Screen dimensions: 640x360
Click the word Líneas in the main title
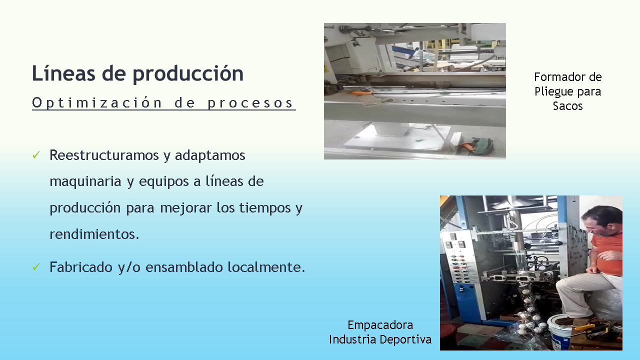click(63, 73)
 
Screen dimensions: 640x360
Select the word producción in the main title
click(188, 75)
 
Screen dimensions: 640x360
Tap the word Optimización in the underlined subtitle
click(97, 102)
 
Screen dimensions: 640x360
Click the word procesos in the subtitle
click(250, 103)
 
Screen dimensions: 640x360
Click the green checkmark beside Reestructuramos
click(36, 155)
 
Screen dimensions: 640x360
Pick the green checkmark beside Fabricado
click(36, 267)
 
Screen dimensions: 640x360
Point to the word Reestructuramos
click(104, 155)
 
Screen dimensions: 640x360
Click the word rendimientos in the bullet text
click(94, 234)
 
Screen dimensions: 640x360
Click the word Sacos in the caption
click(567, 106)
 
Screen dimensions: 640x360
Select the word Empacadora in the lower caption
click(380, 325)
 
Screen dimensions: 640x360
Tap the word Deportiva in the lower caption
click(405, 339)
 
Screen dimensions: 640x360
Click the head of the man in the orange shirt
click(601, 221)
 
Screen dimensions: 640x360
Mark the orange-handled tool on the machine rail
click(361, 92)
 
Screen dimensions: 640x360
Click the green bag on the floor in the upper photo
click(482, 144)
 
